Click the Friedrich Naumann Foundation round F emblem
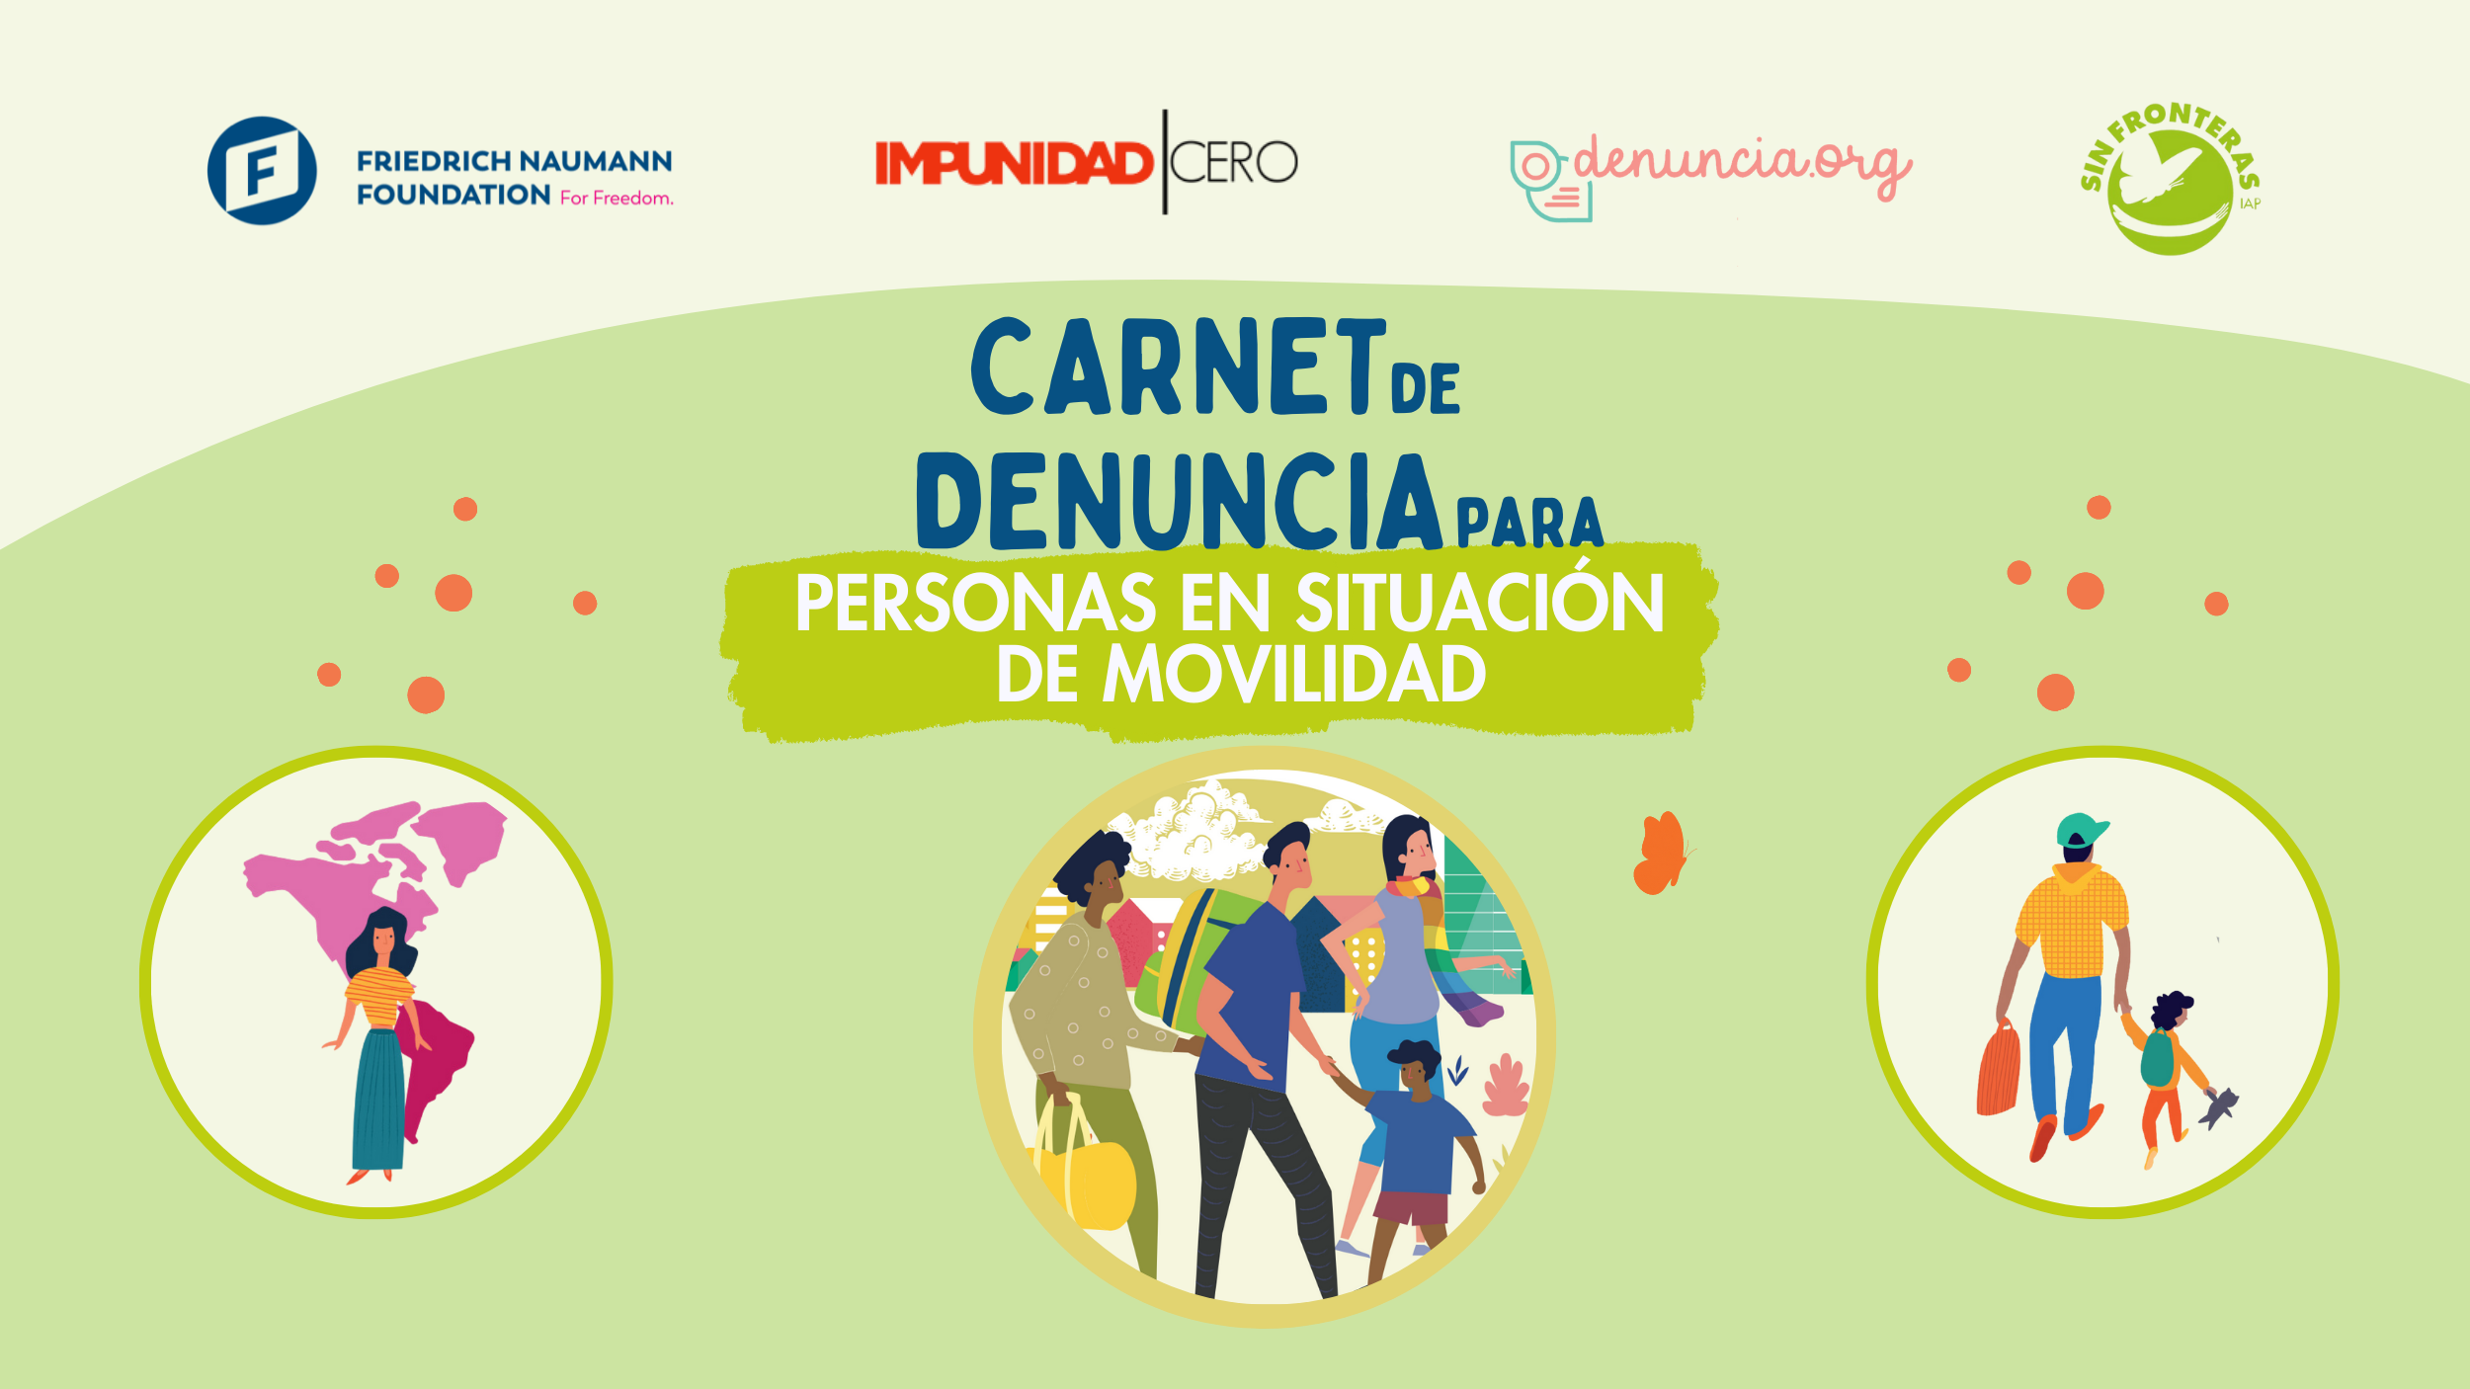pos(262,171)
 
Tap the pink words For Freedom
pos(617,198)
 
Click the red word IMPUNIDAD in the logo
pos(1015,163)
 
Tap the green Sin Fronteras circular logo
pos(2170,179)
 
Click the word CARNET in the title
pos(1179,367)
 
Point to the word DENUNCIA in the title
pos(1180,501)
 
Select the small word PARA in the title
pos(1529,523)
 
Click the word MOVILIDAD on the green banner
pos(1294,674)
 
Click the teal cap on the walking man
pos(2081,830)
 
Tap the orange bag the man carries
pos(1999,1069)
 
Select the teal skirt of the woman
pos(378,1099)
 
